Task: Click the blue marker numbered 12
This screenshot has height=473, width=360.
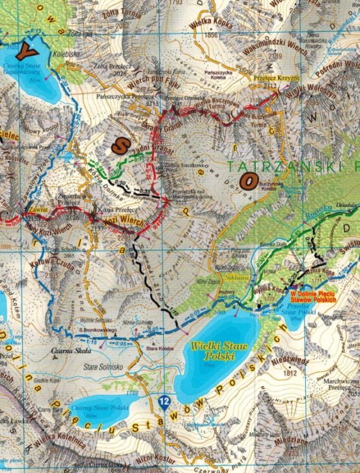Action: click(x=165, y=400)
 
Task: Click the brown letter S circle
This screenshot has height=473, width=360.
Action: click(x=119, y=145)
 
